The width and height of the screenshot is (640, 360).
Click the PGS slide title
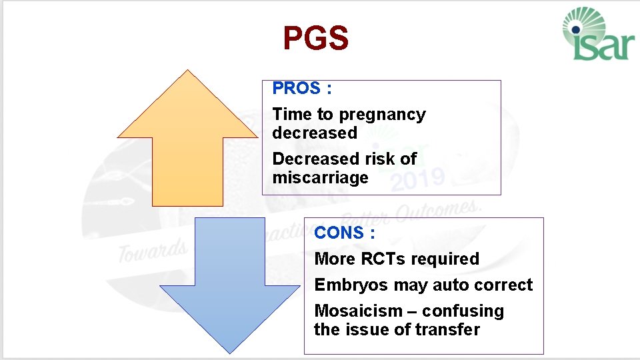coord(315,39)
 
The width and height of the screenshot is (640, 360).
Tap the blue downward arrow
coord(212,287)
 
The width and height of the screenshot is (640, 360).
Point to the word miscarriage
coord(320,177)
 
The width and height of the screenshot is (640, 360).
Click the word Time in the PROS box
coord(292,115)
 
